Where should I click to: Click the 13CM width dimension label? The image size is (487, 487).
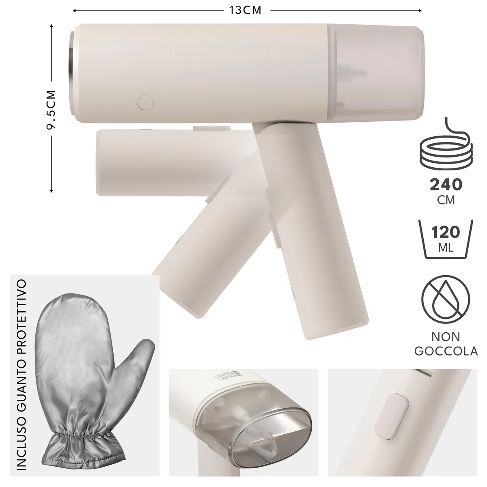coord(245,11)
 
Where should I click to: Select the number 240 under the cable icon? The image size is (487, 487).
coord(446,185)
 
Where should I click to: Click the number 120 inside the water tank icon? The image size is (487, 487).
coord(446,232)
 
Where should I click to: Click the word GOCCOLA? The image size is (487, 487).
coord(446,351)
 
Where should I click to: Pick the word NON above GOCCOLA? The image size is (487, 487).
coord(446,337)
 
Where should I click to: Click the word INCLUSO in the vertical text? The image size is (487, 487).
coord(22,438)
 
